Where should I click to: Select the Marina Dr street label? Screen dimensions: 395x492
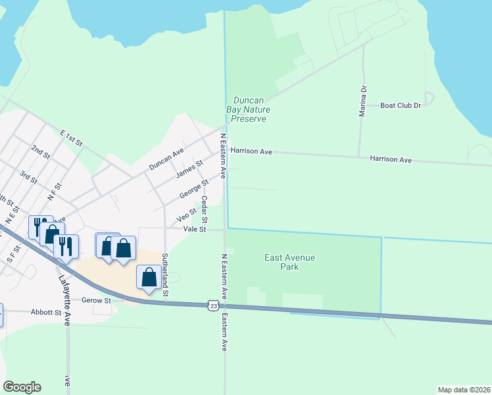click(x=362, y=101)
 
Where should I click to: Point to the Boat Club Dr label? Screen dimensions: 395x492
click(x=401, y=105)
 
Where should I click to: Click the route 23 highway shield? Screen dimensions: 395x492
click(x=212, y=305)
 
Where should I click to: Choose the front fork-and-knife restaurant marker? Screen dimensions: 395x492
click(x=66, y=246)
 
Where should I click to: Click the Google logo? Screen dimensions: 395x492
click(x=22, y=387)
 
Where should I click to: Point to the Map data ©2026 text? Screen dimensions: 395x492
click(x=464, y=390)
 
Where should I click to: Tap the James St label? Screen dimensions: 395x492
click(x=189, y=168)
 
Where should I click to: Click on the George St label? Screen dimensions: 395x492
click(x=193, y=189)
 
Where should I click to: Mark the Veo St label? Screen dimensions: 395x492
click(x=187, y=215)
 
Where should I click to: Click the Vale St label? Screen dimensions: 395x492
click(x=195, y=230)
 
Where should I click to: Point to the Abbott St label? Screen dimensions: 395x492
click(x=46, y=313)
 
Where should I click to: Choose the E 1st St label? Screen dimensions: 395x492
click(x=71, y=138)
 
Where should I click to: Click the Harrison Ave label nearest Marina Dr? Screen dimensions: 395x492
click(x=390, y=159)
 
